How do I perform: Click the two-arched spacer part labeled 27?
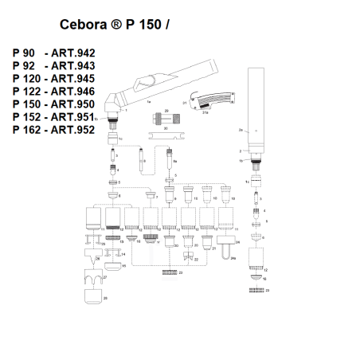point(93,280)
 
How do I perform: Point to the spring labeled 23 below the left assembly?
point(168,273)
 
